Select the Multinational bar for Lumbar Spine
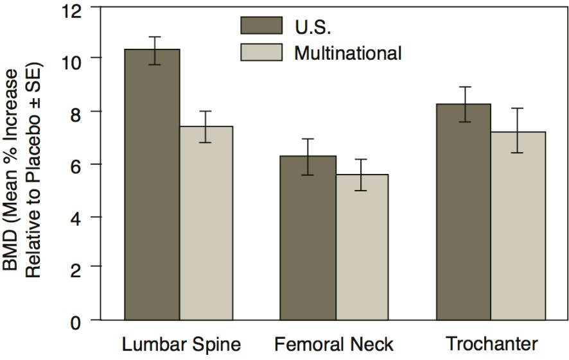pos(206,225)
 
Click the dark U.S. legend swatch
pos(261,26)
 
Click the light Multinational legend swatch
pos(261,53)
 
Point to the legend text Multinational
pos(348,53)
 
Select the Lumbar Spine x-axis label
pos(182,345)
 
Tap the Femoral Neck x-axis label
pos(334,345)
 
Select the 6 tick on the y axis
pos(78,164)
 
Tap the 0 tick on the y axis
pos(78,320)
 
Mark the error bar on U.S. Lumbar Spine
pos(153,50)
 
